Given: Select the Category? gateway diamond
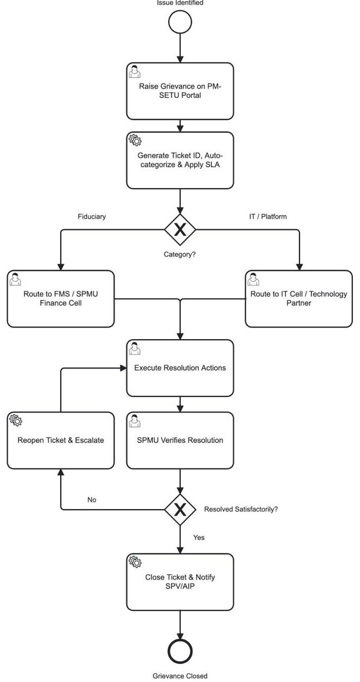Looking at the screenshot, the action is pos(180,230).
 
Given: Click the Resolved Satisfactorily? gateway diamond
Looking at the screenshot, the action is pos(180,509).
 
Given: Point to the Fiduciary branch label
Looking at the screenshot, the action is pos(92,217).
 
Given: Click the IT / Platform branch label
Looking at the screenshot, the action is pos(268,217).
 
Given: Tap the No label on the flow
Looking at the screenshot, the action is pos(92,500).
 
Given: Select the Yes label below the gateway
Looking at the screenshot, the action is pos(199,538).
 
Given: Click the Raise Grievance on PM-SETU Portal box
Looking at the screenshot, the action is pos(180,91).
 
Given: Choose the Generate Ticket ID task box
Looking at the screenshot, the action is pos(180,160).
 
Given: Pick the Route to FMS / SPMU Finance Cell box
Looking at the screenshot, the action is pos(61,299).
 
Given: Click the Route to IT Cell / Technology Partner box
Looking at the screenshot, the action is pos(299,299).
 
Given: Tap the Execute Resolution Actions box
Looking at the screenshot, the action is pos(180,368).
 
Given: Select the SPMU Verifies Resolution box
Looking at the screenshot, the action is pos(180,441).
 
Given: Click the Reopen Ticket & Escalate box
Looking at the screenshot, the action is pos(61,441).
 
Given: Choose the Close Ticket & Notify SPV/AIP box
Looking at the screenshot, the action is pos(180,582).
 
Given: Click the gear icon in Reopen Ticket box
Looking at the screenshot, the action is pos(16,420).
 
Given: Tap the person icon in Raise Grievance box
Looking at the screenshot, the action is pos(135,71).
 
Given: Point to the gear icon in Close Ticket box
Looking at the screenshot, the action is pos(135,562).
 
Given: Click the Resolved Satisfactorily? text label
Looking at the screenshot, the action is pos(241,509).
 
